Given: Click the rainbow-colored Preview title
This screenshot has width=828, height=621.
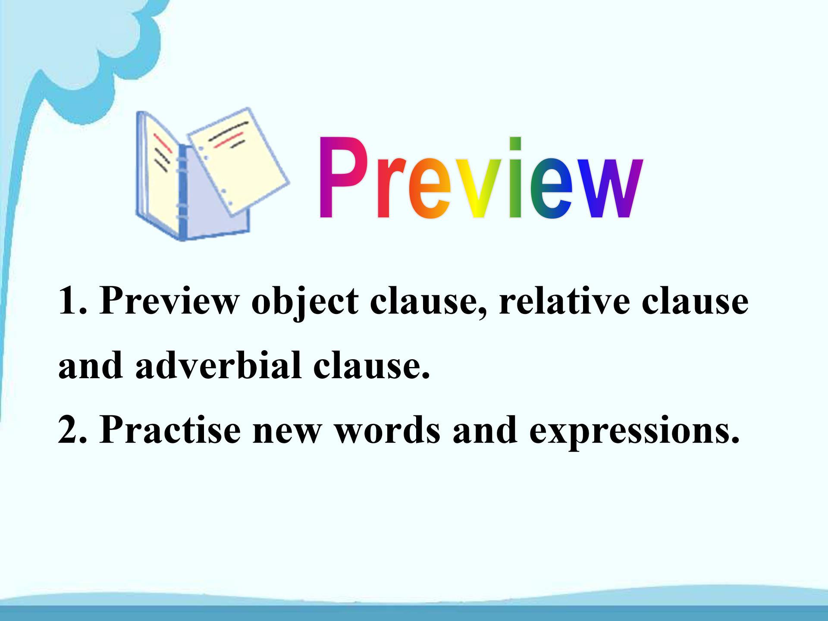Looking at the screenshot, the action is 480,178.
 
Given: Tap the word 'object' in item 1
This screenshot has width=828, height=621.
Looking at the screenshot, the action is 304,301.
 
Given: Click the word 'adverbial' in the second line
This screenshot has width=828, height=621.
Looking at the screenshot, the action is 218,365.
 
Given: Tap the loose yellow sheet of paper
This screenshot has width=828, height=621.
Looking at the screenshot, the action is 238,160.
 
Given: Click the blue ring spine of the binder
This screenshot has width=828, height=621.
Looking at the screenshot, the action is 182,190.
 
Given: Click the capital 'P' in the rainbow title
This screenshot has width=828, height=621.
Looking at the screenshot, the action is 340,177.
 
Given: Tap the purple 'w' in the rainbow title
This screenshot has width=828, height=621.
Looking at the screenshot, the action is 610,189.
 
